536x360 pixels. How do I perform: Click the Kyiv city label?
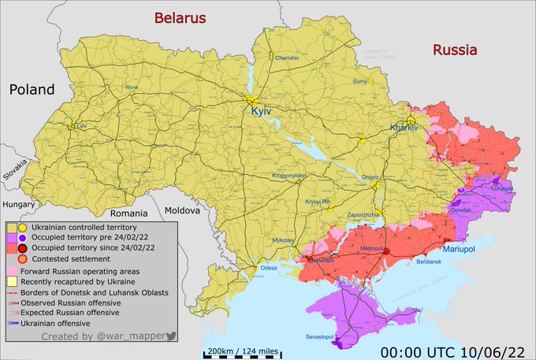pyautogui.click(x=260, y=113)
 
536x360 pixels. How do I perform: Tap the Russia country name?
pyautogui.click(x=454, y=50)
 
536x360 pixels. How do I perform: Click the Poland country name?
pyautogui.click(x=32, y=89)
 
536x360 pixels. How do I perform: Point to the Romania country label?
pyautogui.click(x=129, y=213)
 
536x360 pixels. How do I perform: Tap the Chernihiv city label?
pyautogui.click(x=288, y=58)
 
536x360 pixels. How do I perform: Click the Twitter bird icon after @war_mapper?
pyautogui.click(x=172, y=336)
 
